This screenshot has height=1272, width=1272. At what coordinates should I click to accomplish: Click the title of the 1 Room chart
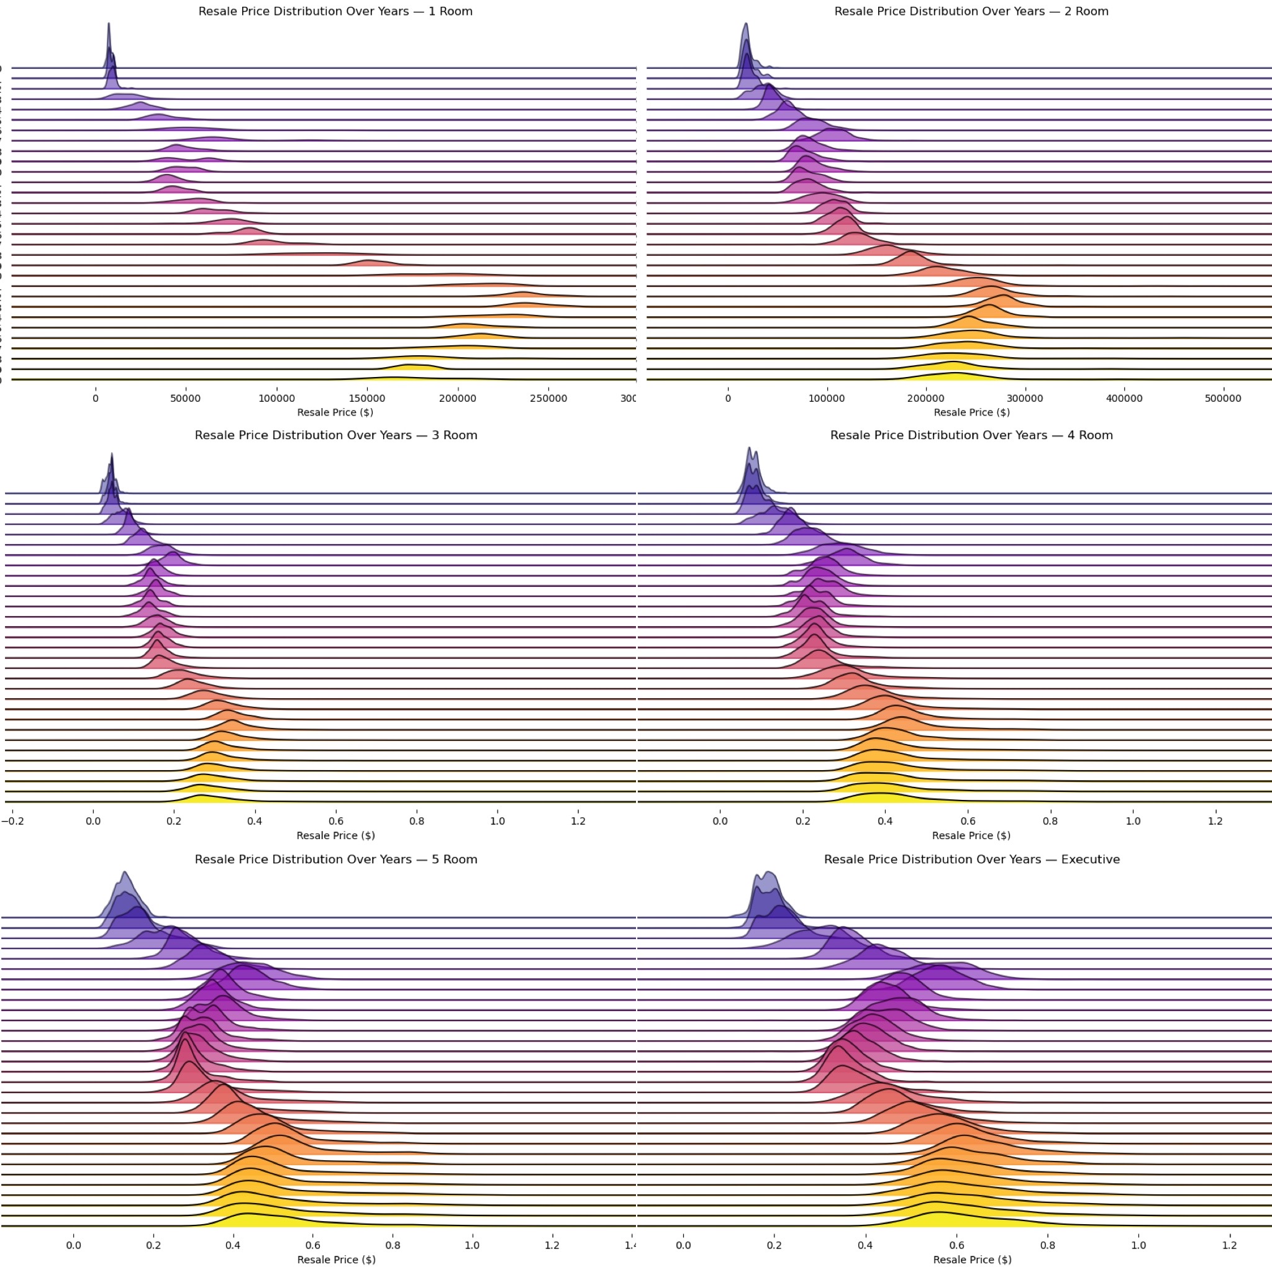click(335, 11)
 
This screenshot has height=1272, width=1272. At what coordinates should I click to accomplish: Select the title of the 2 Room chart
click(971, 11)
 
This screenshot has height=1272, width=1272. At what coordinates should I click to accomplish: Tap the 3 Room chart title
click(336, 435)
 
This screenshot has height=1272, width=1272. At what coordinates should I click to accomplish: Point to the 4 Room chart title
click(971, 435)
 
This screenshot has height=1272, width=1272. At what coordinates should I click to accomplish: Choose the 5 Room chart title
click(336, 859)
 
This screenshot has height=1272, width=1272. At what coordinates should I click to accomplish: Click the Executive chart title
click(972, 859)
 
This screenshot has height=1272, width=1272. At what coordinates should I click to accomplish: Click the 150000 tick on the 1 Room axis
click(368, 398)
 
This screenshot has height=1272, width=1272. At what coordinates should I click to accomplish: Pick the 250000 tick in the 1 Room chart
click(548, 398)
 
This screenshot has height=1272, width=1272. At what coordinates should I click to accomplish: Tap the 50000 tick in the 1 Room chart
click(186, 398)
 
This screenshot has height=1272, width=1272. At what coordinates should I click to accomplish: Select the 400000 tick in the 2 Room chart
click(1124, 398)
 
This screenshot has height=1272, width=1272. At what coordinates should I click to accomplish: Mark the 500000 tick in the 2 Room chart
click(1222, 398)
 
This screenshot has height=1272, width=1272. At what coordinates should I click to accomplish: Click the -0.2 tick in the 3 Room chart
click(12, 821)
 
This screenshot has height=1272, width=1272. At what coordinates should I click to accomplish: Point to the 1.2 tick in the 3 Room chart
click(578, 821)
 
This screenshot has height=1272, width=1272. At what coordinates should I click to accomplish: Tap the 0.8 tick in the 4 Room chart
click(1050, 821)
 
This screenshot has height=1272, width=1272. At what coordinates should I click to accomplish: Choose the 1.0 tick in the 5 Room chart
click(472, 1245)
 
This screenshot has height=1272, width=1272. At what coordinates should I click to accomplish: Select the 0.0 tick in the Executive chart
click(683, 1245)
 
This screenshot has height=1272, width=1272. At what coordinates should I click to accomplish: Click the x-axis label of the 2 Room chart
click(971, 412)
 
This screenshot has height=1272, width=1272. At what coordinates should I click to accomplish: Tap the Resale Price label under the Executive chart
click(972, 1260)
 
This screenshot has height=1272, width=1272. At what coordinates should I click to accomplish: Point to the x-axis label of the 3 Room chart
click(336, 835)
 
